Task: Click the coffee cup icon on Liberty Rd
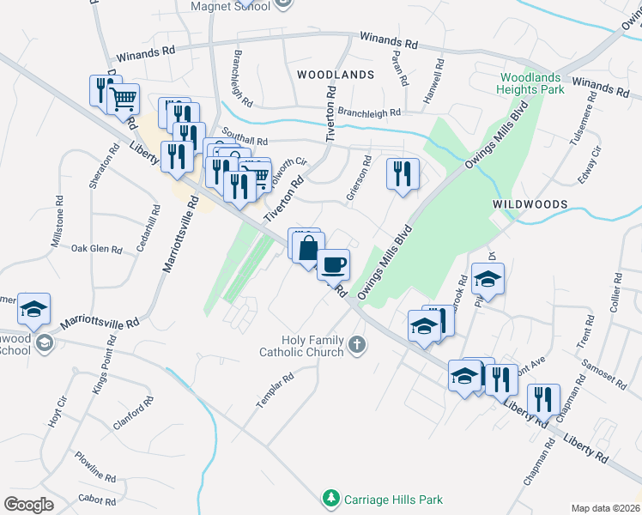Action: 333,264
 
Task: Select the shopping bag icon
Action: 308,249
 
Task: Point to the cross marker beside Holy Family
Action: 357,346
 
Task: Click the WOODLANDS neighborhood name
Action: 336,75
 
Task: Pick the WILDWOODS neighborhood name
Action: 530,204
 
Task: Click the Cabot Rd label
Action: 97,499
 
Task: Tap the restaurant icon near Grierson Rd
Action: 402,173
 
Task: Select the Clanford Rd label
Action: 133,413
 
